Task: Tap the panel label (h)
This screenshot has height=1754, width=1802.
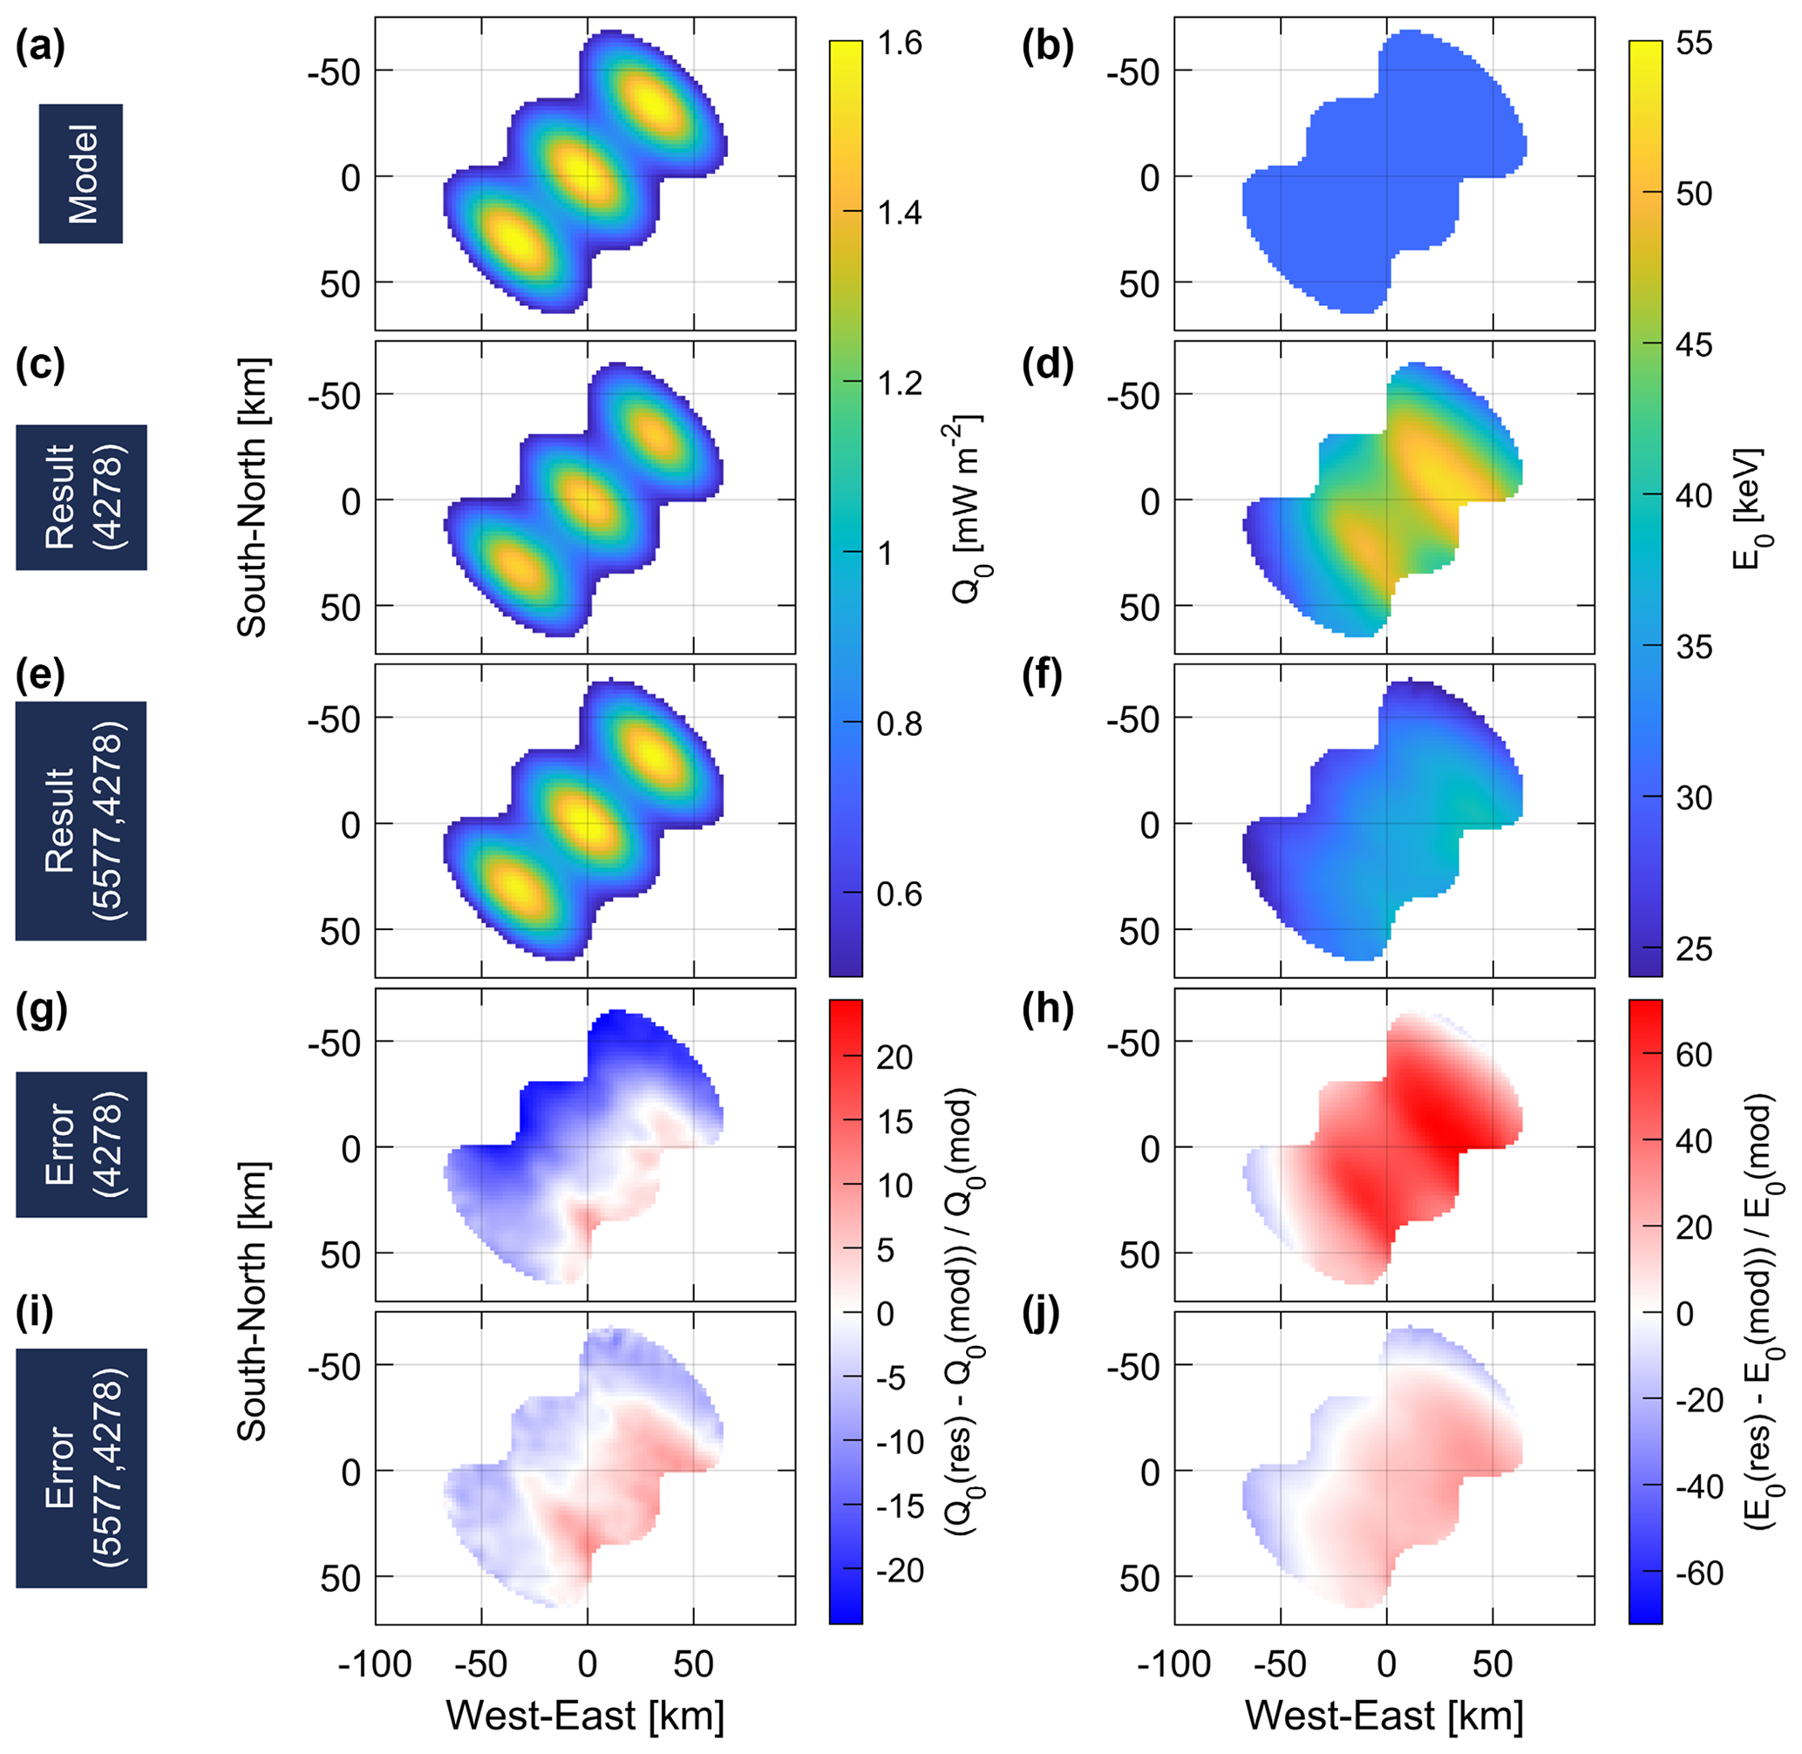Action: coord(1048,1010)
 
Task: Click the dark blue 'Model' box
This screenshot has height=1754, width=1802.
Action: coord(81,173)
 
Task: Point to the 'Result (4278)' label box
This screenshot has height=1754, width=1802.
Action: coord(81,498)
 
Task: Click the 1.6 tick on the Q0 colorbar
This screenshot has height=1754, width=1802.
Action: coord(899,44)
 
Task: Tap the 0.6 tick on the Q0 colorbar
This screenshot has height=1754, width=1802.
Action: coord(899,894)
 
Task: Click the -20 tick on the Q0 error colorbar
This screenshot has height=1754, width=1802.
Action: coord(899,1570)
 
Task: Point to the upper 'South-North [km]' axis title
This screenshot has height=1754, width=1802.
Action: coord(253,498)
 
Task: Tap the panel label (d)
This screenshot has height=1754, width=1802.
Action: coord(1048,366)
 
